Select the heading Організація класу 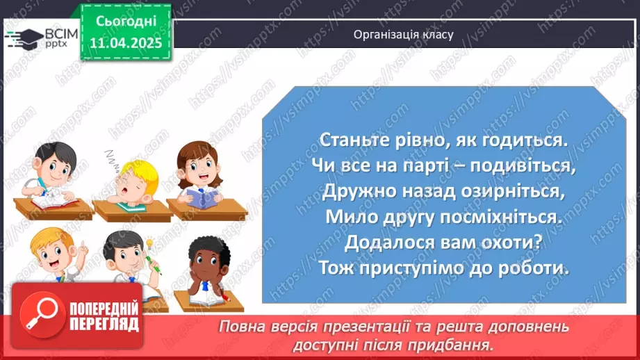(x=403, y=33)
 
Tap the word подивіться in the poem (x=521, y=167)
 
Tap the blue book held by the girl (x=201, y=198)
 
